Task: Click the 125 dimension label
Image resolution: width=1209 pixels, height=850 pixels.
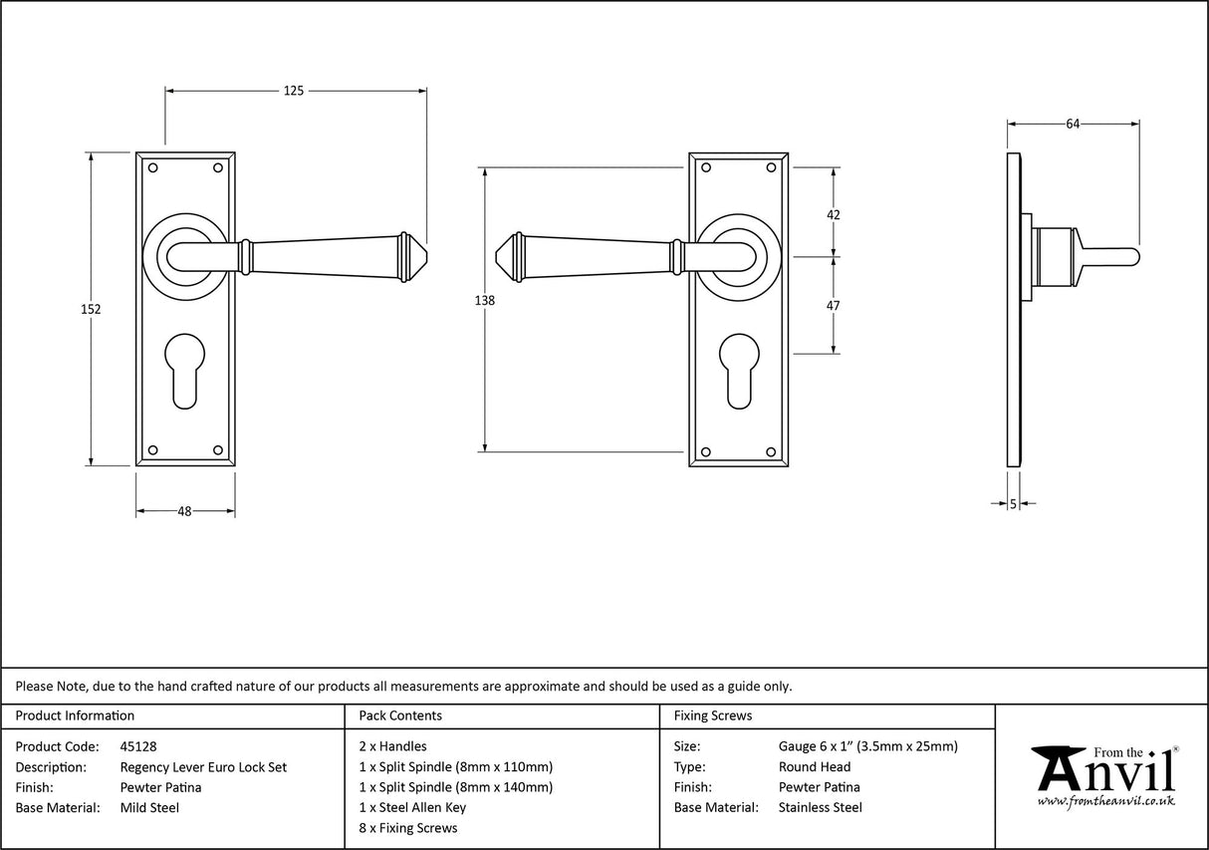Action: [293, 91]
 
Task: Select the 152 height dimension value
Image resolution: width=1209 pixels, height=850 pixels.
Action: [91, 309]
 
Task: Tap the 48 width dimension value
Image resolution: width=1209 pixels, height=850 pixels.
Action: [184, 511]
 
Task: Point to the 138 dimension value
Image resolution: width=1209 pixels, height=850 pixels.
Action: [485, 300]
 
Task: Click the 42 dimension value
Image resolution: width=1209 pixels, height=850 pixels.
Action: [834, 214]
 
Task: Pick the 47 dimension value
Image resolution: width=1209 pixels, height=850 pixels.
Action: [834, 305]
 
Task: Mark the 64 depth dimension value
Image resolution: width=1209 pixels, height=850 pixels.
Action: [1073, 124]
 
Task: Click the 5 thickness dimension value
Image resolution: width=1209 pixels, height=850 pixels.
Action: [1013, 504]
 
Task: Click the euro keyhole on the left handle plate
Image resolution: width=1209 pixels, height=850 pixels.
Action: [186, 374]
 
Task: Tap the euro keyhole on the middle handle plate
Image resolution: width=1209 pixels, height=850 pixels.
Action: [739, 374]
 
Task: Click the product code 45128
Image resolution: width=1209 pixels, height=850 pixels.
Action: [138, 745]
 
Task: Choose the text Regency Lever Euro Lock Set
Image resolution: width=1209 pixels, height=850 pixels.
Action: [203, 766]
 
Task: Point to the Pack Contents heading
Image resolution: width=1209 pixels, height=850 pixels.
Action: [400, 715]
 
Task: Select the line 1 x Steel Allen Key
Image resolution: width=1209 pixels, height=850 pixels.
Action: [412, 807]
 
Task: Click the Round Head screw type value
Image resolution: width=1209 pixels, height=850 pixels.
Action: [814, 766]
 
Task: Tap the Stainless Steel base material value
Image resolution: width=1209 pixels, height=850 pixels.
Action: [820, 807]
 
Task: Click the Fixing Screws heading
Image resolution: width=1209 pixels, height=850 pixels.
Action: [713, 715]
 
